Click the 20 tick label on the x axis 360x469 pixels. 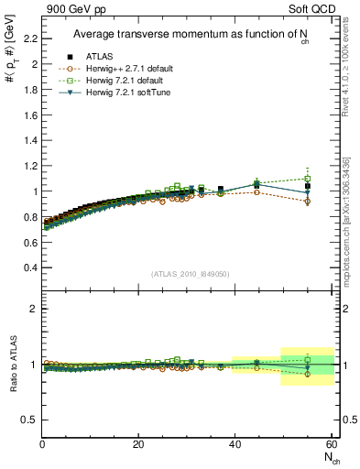(x=138, y=444)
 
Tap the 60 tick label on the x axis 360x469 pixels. (x=331, y=444)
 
